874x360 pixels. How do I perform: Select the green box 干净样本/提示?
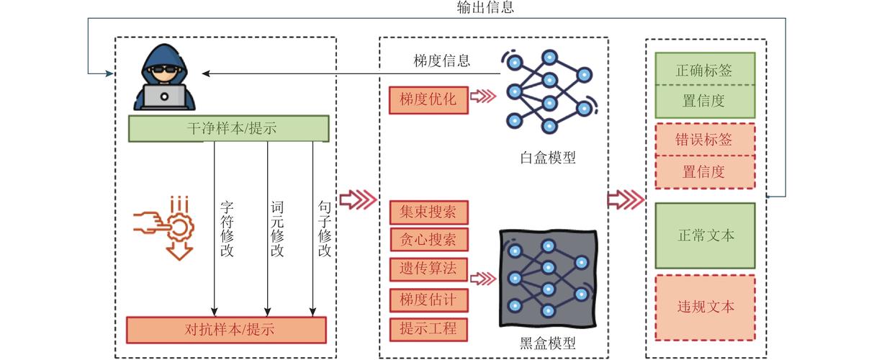point(229,129)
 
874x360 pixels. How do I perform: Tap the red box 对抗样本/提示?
point(226,330)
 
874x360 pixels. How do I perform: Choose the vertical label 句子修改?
point(324,228)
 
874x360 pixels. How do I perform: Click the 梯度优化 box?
point(428,100)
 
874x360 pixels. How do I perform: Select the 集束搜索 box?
point(428,212)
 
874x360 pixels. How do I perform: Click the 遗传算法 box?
point(428,269)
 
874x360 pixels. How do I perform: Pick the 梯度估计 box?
point(428,299)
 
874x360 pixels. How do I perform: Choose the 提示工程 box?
point(428,329)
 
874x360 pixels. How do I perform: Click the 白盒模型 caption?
point(547,158)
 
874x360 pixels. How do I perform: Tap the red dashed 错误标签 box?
point(704,140)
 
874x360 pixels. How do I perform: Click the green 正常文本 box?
point(705,235)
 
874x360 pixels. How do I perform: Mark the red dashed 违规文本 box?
point(705,307)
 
